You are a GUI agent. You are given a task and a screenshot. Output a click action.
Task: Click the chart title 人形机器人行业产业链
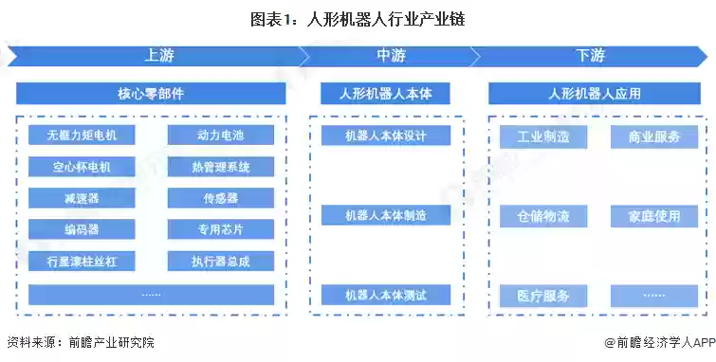coord(358,19)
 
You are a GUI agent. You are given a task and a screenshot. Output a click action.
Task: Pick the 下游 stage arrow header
coord(590,56)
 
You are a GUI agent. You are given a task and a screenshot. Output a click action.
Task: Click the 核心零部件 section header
coord(151,94)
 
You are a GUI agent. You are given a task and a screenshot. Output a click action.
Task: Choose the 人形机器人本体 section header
coord(385,94)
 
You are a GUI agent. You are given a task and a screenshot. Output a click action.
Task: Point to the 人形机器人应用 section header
coord(595,94)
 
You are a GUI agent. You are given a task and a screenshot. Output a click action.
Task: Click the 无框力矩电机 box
coord(82,136)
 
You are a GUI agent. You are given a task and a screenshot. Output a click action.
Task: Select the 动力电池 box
coord(221,136)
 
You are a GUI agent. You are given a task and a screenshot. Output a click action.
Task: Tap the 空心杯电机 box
coord(82,168)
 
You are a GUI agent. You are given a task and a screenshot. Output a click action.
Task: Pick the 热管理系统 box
coord(221,168)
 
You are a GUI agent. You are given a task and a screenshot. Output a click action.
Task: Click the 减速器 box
coord(82,199)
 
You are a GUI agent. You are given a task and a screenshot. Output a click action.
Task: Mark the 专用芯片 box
coord(221,229)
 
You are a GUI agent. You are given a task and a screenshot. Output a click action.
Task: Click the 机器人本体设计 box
coord(385,136)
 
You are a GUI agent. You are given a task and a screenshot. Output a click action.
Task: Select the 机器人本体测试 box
coord(385,296)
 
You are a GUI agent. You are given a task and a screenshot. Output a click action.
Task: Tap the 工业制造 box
coord(543,137)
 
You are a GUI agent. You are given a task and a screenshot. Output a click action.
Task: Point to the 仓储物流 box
coord(543,216)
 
